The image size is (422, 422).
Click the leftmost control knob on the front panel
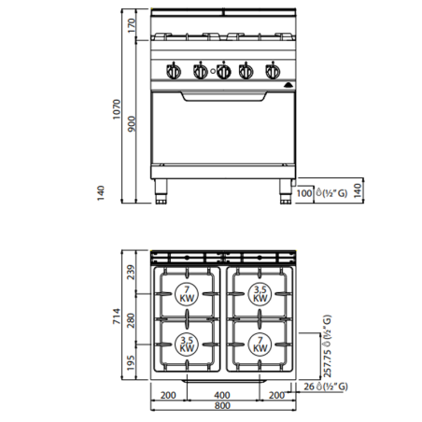[x=174, y=71]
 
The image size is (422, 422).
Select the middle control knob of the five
[x=222, y=71]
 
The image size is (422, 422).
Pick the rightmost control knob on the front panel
[x=272, y=71]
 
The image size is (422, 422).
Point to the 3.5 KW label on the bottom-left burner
[x=187, y=343]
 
